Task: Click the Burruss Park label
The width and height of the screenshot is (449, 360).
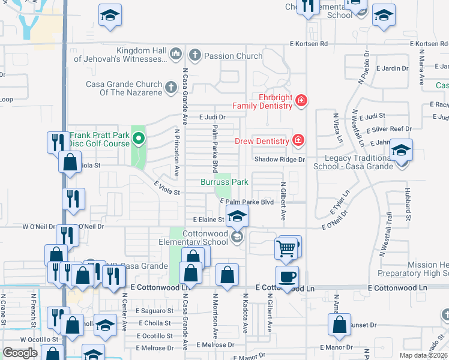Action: pos(224,181)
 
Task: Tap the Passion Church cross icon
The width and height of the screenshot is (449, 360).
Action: pos(194,55)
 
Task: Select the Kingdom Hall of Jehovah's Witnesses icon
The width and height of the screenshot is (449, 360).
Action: pos(176,55)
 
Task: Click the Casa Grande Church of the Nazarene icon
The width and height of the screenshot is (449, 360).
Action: pos(170,88)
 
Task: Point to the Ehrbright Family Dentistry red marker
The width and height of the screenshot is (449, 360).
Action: pos(301,101)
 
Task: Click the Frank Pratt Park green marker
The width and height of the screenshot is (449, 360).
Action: pos(139,140)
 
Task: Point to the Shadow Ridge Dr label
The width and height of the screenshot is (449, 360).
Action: pos(279,160)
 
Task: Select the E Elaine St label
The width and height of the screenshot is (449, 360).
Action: pos(204,220)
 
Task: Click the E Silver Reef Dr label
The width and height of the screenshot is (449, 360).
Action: pos(391,129)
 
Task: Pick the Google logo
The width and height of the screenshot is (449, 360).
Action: pos(20,353)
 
